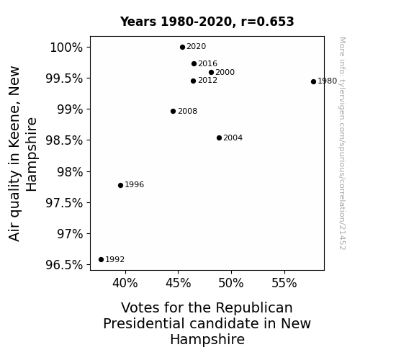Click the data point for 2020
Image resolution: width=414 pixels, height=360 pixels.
(x=182, y=48)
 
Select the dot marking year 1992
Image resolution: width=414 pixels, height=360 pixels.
(x=101, y=260)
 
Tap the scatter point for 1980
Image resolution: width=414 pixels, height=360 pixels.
(x=313, y=81)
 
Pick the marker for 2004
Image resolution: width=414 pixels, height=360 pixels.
(x=219, y=138)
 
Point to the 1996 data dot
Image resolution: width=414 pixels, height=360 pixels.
(x=121, y=186)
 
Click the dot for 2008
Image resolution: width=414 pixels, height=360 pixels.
(x=174, y=111)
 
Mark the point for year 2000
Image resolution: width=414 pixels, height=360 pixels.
(x=211, y=73)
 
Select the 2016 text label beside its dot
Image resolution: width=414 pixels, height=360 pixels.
(x=207, y=63)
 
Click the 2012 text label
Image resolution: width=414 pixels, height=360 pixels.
(x=207, y=81)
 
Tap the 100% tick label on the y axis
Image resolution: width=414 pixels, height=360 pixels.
(x=66, y=48)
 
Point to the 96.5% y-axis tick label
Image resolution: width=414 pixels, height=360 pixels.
(x=64, y=265)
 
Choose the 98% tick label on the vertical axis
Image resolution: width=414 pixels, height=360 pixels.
(x=70, y=172)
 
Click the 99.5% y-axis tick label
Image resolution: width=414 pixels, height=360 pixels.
(x=64, y=78)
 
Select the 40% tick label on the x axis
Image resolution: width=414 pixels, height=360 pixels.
(x=125, y=283)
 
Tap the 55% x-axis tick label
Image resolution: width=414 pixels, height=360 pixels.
(x=284, y=283)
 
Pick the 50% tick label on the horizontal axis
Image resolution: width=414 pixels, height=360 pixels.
(x=231, y=283)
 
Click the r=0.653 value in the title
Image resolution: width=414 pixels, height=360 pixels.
(x=267, y=22)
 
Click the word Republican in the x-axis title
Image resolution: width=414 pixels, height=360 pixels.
(x=254, y=308)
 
